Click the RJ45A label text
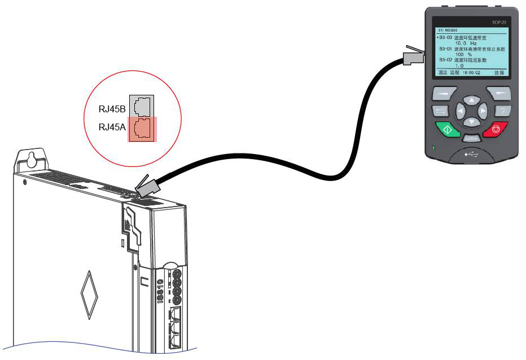tap(112, 127)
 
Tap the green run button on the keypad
tap(448, 129)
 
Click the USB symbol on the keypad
tap(471, 153)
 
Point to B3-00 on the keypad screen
tap(444, 38)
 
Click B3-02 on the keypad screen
tap(445, 59)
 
